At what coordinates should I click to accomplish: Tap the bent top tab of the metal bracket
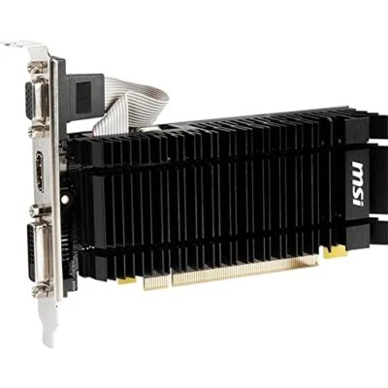click(23, 46)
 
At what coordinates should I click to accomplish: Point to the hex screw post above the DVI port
click(37, 209)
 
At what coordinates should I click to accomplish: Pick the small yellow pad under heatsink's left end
click(126, 280)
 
